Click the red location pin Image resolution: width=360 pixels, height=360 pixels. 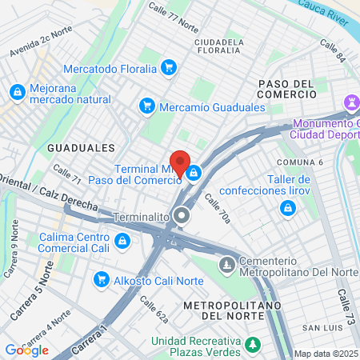click(180, 162)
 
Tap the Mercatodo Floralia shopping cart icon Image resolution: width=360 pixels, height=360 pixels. click(168, 68)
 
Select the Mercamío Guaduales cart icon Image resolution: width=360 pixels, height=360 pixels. click(146, 106)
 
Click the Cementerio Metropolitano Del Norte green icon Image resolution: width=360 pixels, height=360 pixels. click(228, 263)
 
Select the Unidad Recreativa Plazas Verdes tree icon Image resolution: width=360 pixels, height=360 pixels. click(253, 346)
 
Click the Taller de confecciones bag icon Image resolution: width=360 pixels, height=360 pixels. click(286, 209)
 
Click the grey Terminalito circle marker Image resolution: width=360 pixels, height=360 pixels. click(183, 215)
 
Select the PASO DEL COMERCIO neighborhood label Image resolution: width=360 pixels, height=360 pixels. click(286, 89)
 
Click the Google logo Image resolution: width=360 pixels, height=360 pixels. click(26, 350)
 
